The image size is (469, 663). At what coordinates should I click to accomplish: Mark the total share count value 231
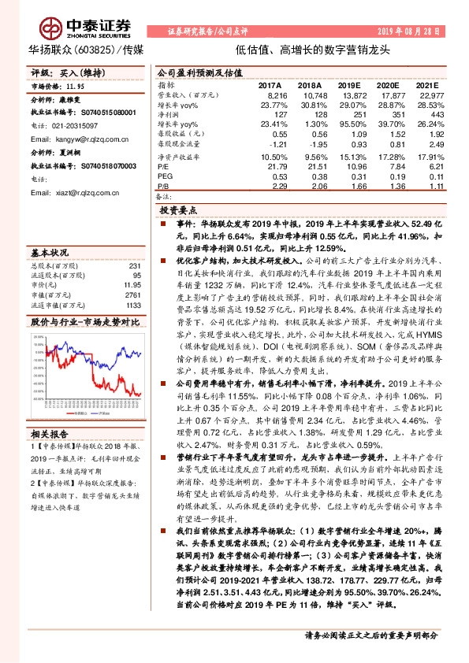coord(133,267)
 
